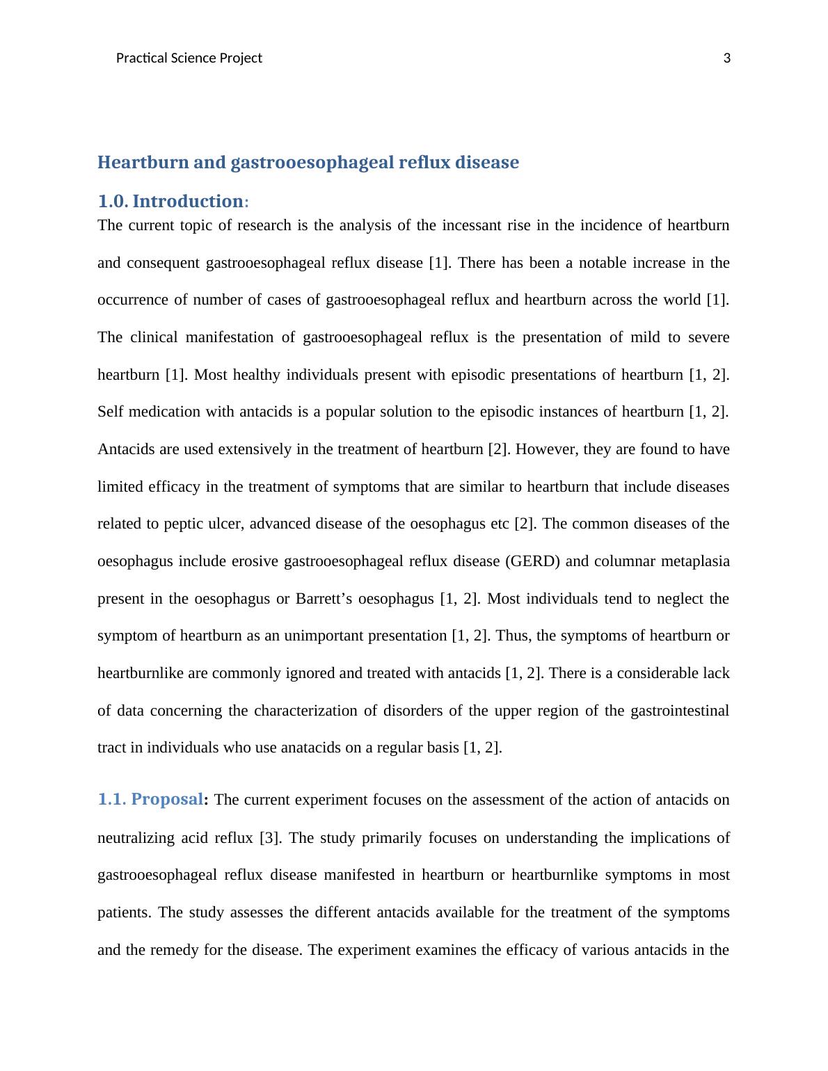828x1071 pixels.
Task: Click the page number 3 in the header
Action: pos(727,58)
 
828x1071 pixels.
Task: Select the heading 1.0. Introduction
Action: pos(173,202)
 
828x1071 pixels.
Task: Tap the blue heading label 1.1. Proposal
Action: pos(150,800)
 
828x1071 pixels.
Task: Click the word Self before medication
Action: pos(109,412)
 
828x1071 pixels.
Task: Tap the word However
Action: pos(546,449)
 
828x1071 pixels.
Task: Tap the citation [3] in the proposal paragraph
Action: pos(269,838)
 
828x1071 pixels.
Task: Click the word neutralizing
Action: pos(136,838)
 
